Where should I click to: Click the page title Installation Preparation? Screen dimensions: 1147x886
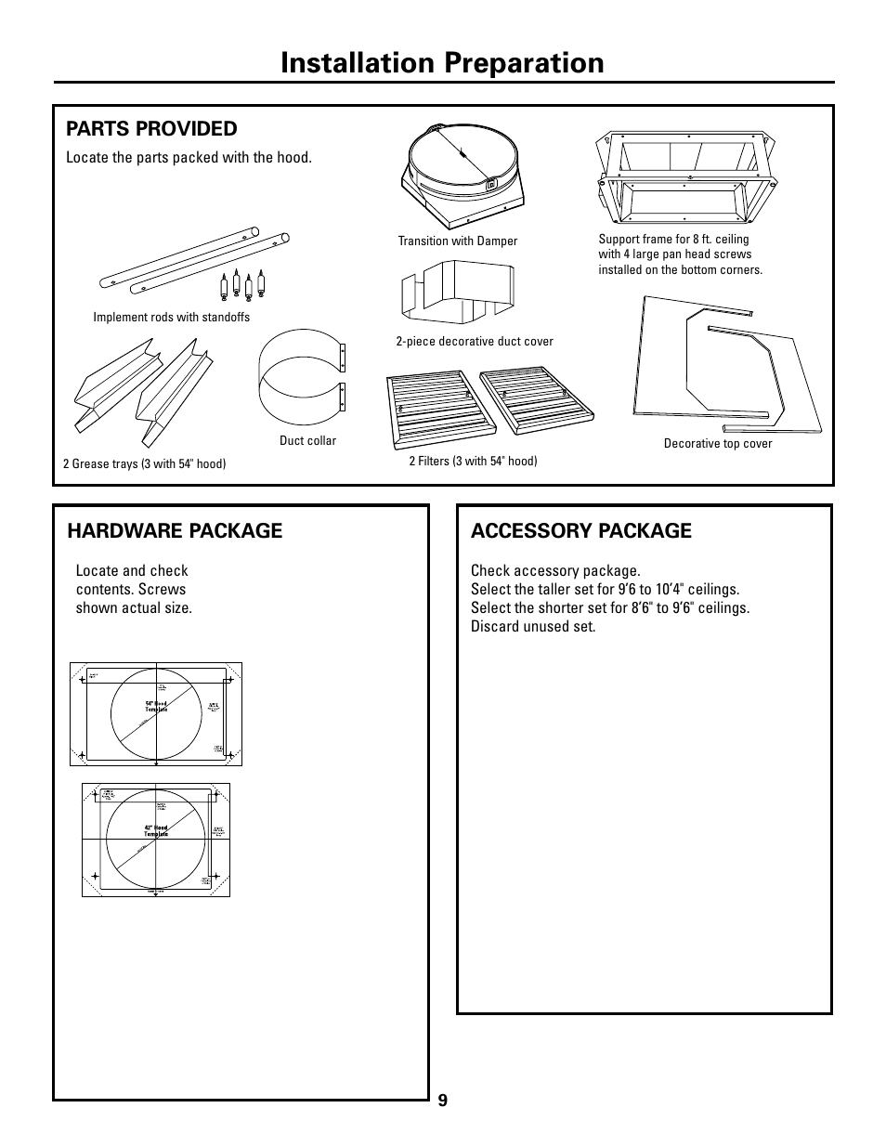(442, 62)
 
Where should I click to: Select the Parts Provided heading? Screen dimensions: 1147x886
(151, 128)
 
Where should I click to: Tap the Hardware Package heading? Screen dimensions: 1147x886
(175, 530)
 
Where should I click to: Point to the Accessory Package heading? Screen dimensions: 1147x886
(580, 530)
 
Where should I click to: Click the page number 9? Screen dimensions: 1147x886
(443, 1101)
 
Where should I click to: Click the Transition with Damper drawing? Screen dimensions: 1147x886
(463, 176)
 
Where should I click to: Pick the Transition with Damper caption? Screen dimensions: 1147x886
(457, 241)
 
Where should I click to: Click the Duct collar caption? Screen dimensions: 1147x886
(307, 441)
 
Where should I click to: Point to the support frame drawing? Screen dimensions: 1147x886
(686, 178)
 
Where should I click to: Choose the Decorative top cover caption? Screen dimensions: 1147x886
(717, 444)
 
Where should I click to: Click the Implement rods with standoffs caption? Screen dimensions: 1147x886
(171, 318)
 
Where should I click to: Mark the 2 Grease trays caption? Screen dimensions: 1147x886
(144, 463)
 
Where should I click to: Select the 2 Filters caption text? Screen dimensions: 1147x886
(473, 461)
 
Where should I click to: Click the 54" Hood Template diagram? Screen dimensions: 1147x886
(156, 714)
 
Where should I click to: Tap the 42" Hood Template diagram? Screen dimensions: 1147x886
(156, 840)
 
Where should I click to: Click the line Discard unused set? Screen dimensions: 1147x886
(532, 627)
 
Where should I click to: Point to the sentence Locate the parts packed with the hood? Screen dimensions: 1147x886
(189, 158)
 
